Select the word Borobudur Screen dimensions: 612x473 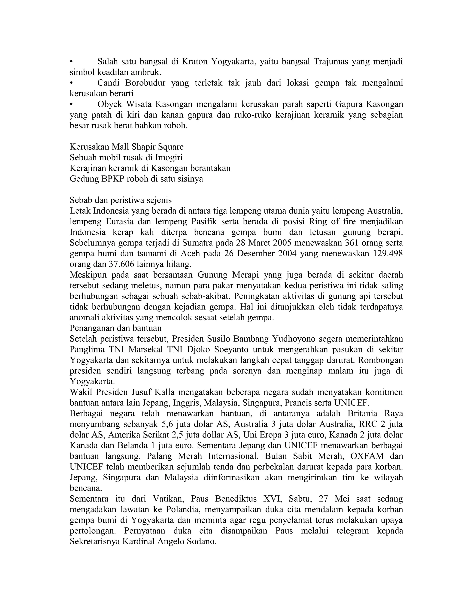click(146, 83)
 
